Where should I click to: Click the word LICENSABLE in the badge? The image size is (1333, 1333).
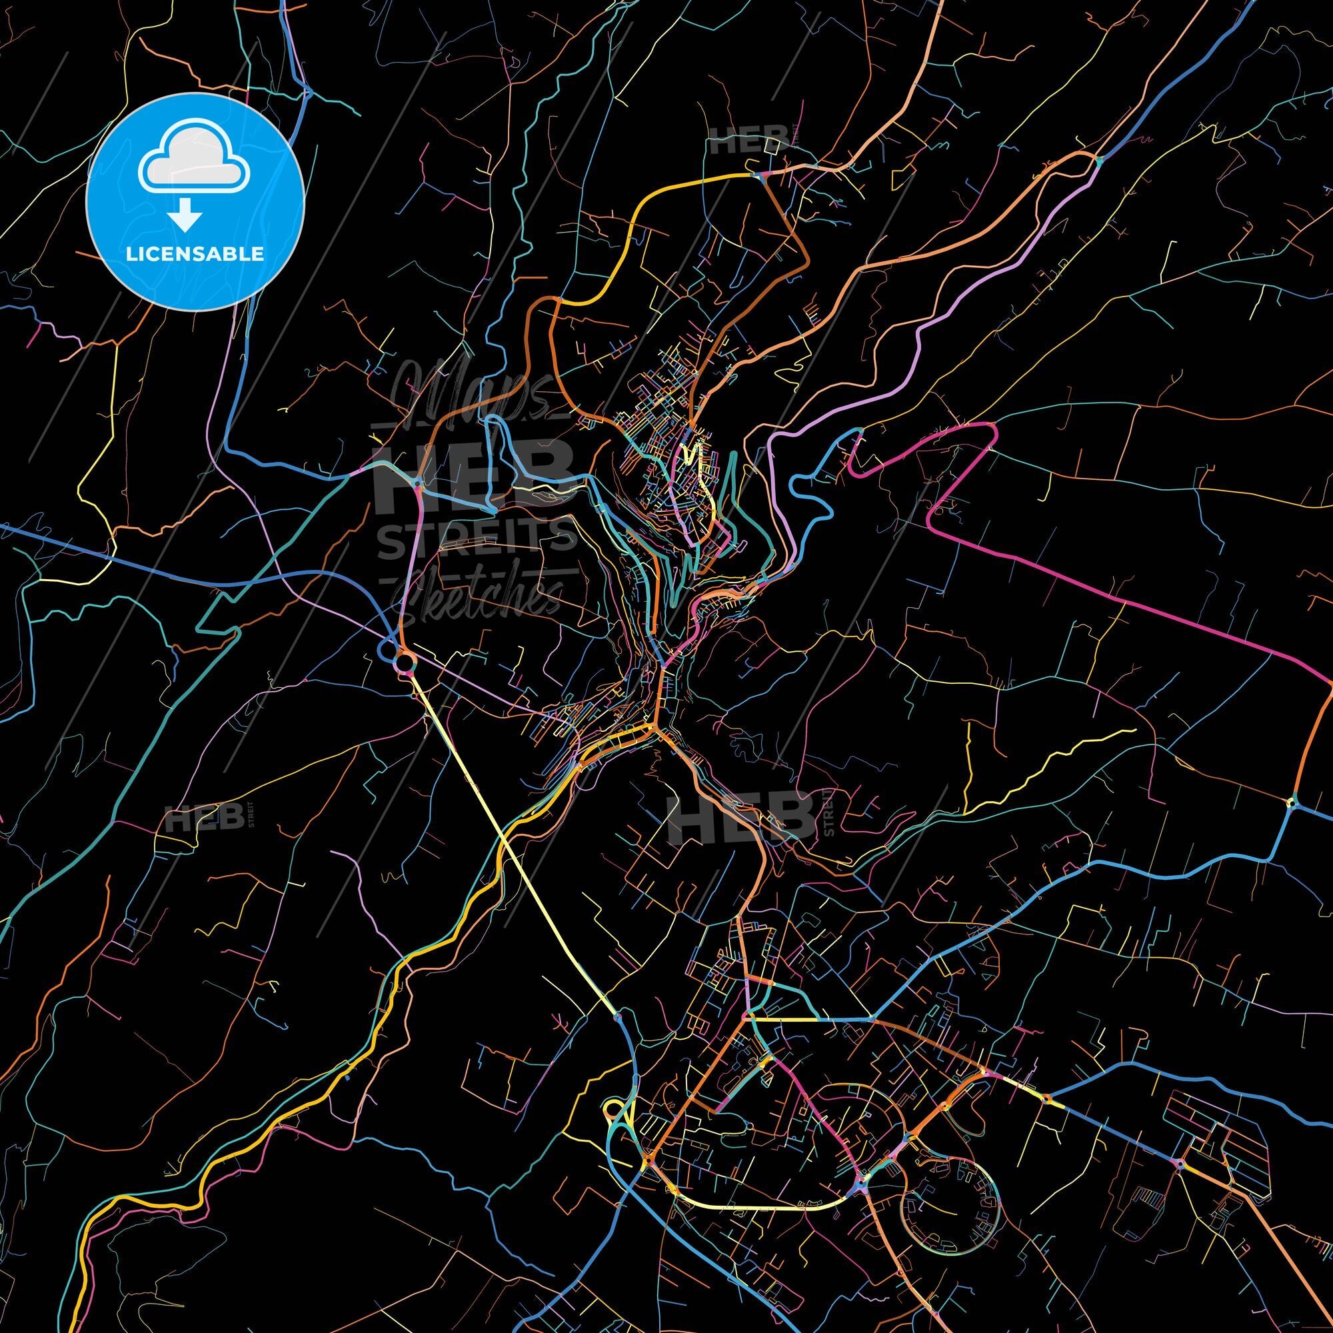(195, 253)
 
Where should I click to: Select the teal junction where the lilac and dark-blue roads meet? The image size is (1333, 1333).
(1098, 161)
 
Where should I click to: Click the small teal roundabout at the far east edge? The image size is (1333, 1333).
(1292, 802)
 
